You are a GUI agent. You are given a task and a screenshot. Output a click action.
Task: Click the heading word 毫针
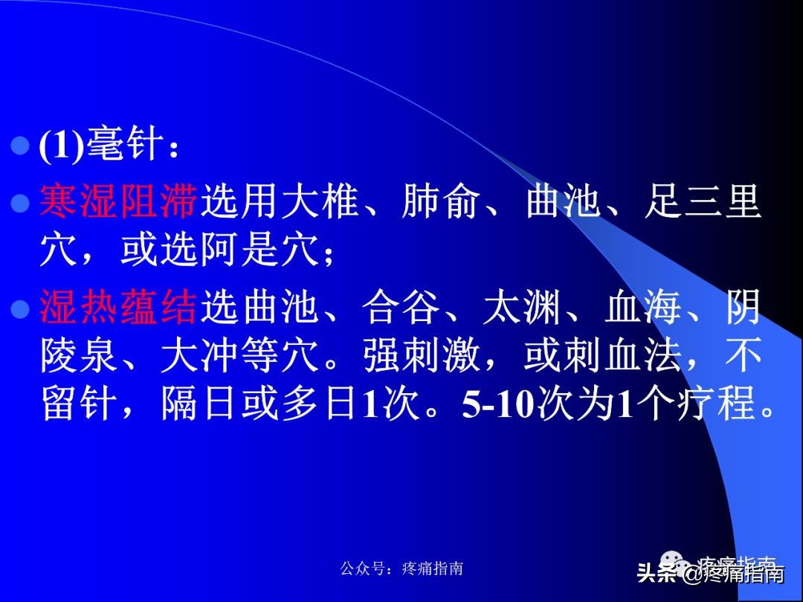123,143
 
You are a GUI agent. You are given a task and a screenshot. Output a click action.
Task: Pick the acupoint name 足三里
703,202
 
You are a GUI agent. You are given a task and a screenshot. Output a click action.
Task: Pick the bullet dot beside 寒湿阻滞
22,201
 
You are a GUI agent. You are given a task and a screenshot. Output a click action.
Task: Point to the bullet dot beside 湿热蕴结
22,307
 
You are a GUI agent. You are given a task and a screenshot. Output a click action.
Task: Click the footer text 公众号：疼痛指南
401,569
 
